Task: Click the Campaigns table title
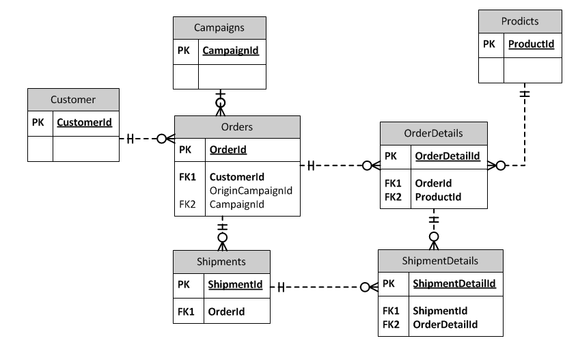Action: (219, 27)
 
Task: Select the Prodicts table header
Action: (520, 21)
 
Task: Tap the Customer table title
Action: (73, 100)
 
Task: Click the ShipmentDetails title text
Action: (440, 261)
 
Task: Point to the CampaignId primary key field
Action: (230, 51)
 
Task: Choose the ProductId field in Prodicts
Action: (531, 44)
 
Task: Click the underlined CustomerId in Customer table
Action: (84, 122)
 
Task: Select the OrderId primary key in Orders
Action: (228, 150)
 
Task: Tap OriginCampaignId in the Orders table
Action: (251, 191)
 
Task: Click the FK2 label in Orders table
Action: (187, 204)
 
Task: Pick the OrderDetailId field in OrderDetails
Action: (447, 156)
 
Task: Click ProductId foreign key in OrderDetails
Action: (438, 197)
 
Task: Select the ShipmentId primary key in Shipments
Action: (235, 284)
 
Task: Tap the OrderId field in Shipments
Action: (226, 311)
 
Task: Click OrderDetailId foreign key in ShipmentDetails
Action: (445, 324)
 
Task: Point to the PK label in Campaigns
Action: (184, 51)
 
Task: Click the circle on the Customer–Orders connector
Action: (161, 139)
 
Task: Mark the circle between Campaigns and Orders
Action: (221, 102)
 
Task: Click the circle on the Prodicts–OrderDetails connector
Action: (501, 165)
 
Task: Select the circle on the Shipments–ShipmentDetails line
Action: (365, 287)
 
